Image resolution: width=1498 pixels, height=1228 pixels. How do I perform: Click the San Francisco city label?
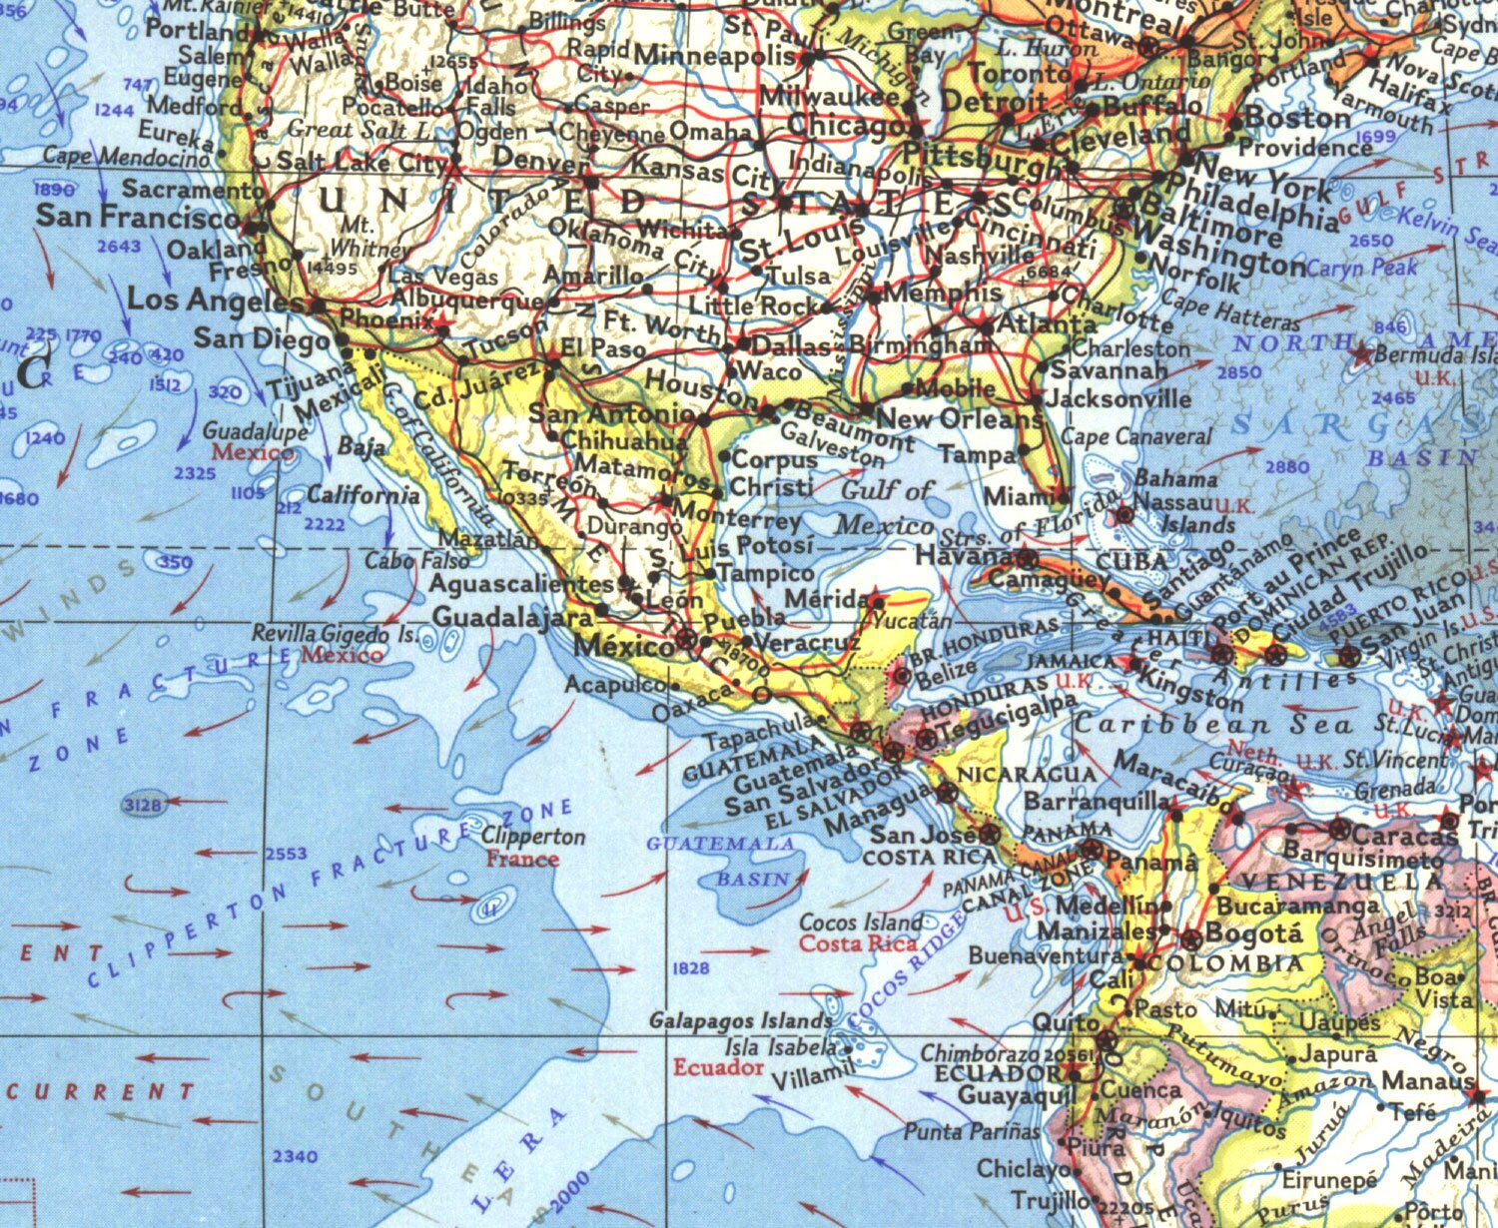click(138, 216)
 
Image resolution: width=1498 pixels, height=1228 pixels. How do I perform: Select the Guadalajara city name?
click(512, 617)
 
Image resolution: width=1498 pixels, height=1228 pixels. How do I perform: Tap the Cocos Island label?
click(861, 921)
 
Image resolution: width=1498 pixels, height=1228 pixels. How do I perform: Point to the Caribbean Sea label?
click(1213, 726)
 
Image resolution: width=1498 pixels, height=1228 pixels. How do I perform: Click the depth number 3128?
click(145, 804)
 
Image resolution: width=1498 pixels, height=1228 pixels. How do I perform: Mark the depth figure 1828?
click(691, 968)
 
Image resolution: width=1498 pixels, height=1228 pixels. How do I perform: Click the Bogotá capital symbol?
click(1190, 939)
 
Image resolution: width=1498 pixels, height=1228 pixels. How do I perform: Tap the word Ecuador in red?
click(717, 1068)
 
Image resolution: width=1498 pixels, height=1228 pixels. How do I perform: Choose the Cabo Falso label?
click(402, 562)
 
